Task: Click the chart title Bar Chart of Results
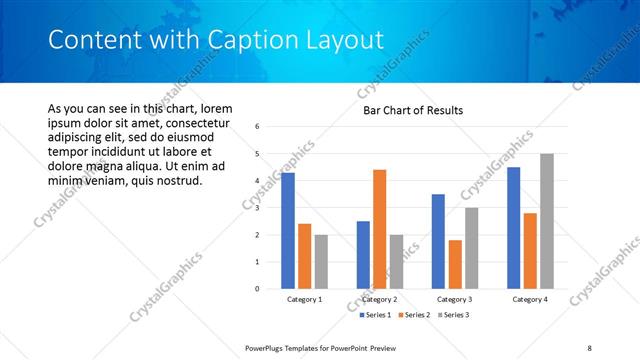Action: click(x=412, y=110)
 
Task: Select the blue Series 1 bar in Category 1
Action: click(x=288, y=231)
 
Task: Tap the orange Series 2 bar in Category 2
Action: click(x=379, y=229)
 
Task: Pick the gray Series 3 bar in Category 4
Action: click(x=546, y=221)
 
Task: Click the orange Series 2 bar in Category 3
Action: click(x=455, y=264)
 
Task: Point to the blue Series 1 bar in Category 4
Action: click(x=514, y=228)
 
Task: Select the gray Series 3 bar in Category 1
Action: click(x=321, y=262)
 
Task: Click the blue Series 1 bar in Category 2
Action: click(x=362, y=255)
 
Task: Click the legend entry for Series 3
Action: click(x=453, y=315)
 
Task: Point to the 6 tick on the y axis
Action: click(x=257, y=127)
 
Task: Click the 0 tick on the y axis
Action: click(x=257, y=289)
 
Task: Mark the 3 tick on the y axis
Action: click(x=257, y=208)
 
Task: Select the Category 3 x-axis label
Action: click(x=455, y=299)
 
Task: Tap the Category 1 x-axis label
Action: click(x=304, y=299)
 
